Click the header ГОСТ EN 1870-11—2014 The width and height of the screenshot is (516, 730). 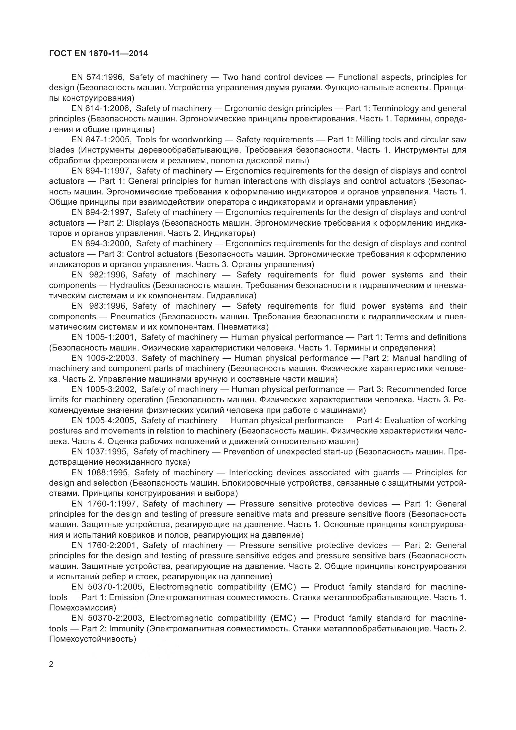point(98,53)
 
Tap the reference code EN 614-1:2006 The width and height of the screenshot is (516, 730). point(101,108)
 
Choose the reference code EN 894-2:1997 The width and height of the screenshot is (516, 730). point(101,213)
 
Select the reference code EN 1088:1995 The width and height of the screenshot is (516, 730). point(100,473)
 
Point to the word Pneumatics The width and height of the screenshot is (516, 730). point(133,316)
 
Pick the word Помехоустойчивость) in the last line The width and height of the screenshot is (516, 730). point(92,639)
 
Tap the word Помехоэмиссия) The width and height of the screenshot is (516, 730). point(83,608)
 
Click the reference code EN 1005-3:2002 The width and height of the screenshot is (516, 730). point(104,389)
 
